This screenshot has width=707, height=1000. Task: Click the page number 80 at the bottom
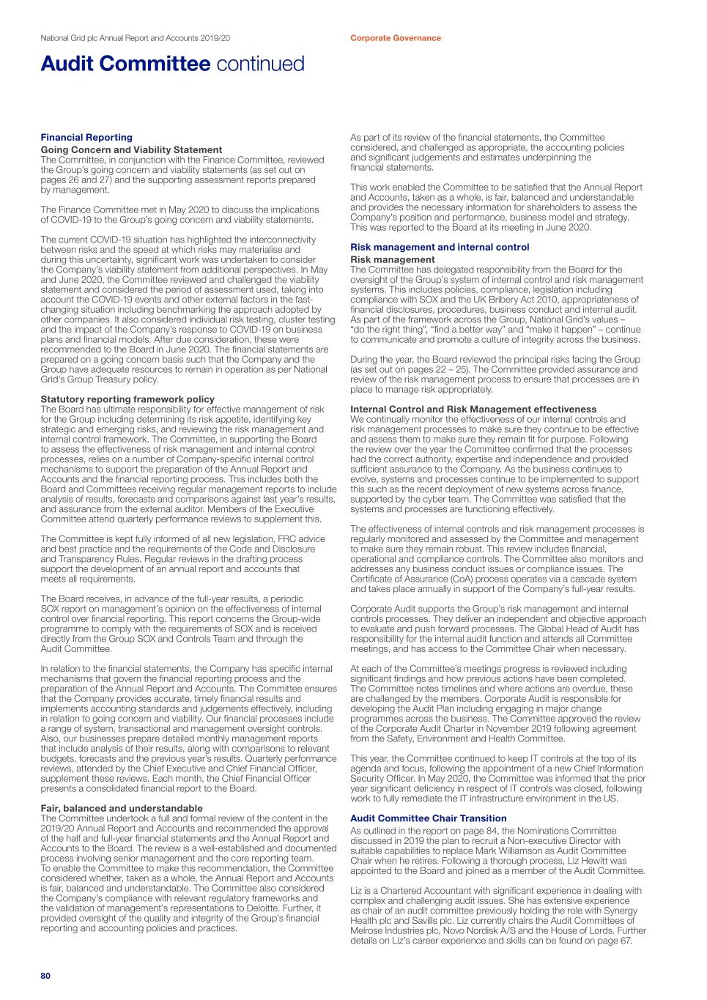(x=45, y=976)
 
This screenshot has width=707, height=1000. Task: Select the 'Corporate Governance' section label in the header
(x=395, y=38)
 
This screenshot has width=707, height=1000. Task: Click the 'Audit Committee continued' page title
(x=172, y=64)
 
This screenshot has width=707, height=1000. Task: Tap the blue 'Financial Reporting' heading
(x=86, y=137)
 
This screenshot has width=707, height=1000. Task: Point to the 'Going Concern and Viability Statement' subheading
(x=131, y=149)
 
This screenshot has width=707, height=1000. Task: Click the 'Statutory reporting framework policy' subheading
(x=127, y=399)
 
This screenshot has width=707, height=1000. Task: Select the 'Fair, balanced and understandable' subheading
(x=122, y=808)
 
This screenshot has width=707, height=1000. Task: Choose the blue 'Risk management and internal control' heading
(x=440, y=247)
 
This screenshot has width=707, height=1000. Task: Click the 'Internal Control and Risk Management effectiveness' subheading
(x=473, y=409)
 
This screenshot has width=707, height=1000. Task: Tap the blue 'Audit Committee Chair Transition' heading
(x=428, y=818)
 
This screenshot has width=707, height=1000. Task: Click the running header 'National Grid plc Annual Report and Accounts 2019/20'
(x=135, y=38)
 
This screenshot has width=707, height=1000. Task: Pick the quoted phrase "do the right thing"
(x=387, y=330)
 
